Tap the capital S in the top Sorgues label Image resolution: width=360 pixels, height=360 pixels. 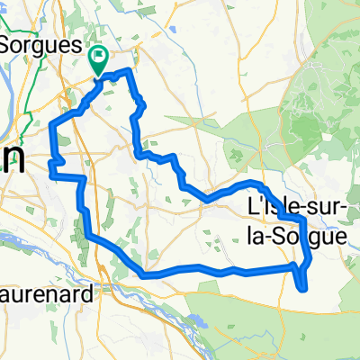(12, 43)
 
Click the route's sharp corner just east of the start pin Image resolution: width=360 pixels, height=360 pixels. (132, 69)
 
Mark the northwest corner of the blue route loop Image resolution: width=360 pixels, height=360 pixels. (56, 121)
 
